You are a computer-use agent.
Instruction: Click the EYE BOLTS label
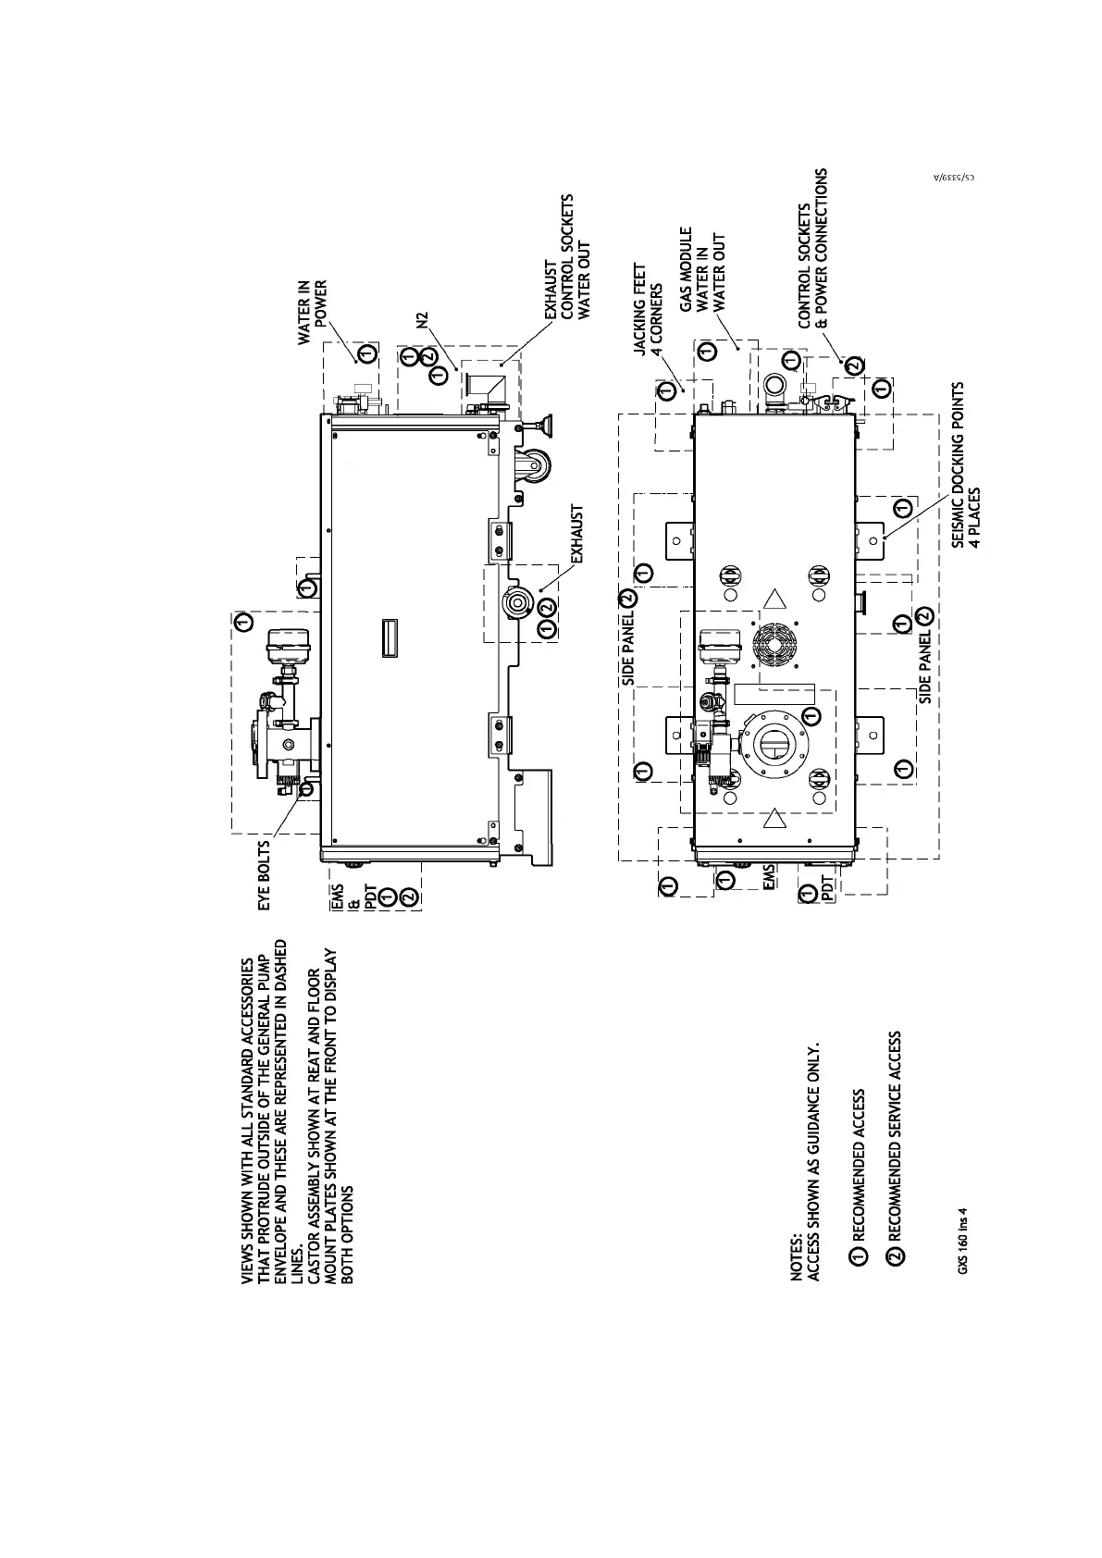pyautogui.click(x=266, y=874)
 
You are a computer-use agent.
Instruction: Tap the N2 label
pyautogui.click(x=423, y=320)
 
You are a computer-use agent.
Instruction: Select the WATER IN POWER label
pyautogui.click(x=313, y=313)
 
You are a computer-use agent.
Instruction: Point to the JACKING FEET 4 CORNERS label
pyautogui.click(x=647, y=309)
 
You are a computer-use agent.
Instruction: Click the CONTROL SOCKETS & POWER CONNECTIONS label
pyautogui.click(x=813, y=248)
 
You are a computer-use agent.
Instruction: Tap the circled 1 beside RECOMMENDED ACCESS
pyautogui.click(x=859, y=1255)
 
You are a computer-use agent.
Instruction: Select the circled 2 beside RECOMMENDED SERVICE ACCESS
pyautogui.click(x=896, y=1255)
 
